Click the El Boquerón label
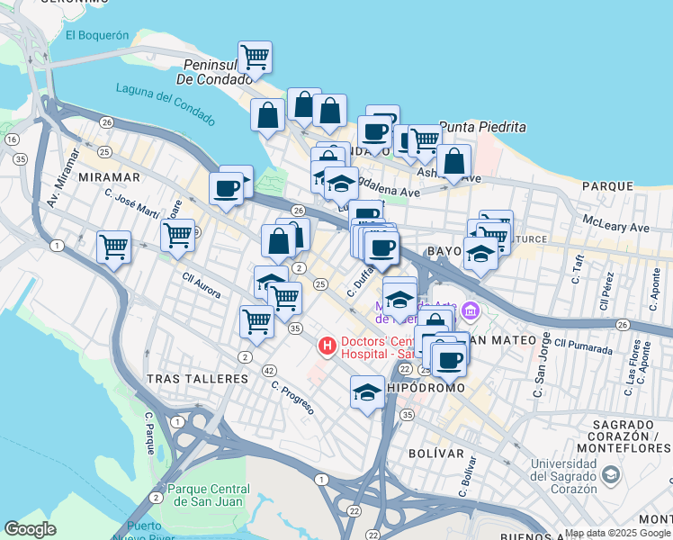pyautogui.click(x=97, y=35)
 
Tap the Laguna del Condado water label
pyautogui.click(x=165, y=103)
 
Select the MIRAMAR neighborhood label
pyautogui.click(x=110, y=177)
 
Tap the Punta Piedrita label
pyautogui.click(x=482, y=128)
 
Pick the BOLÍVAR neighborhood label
pyautogui.click(x=435, y=453)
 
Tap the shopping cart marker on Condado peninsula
pyautogui.click(x=256, y=57)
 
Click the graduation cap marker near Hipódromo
pyautogui.click(x=367, y=392)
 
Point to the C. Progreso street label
pyautogui.click(x=292, y=397)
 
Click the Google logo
pyautogui.click(x=31, y=529)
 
